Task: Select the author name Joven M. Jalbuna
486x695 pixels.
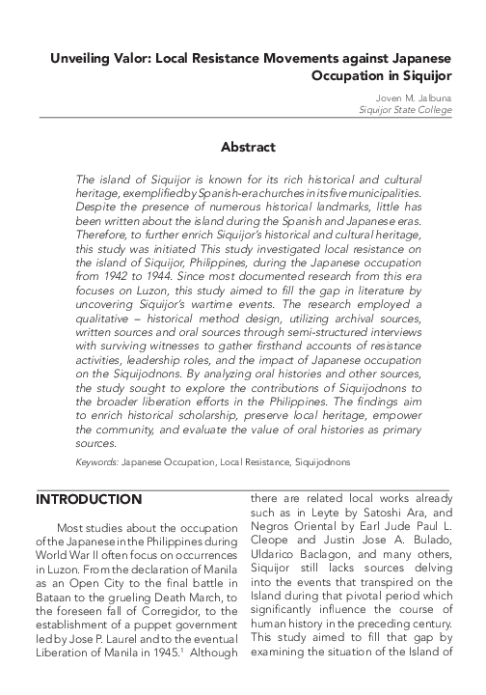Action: coord(413,97)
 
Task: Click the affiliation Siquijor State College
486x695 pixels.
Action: coord(403,111)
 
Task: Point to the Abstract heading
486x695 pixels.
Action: coord(248,148)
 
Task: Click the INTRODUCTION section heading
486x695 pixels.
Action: coord(88,499)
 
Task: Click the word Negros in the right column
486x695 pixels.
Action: coord(274,530)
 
